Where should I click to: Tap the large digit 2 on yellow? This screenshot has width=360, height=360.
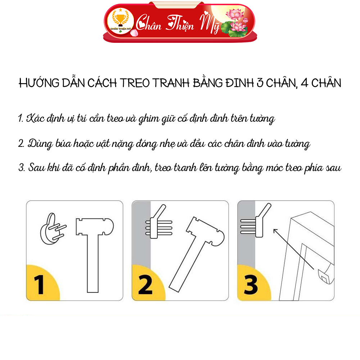coord(145,284)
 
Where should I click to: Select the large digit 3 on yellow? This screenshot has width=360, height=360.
coord(251,284)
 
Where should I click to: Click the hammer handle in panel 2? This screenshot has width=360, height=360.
coord(184,263)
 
